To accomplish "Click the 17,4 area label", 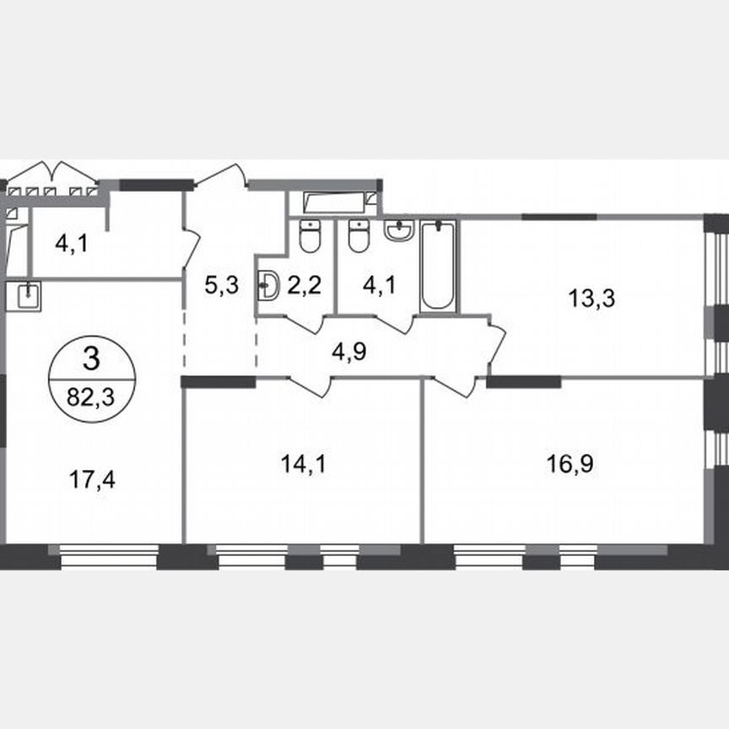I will [x=92, y=481].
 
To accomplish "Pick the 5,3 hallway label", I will [x=221, y=285].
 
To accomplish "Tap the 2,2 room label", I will [x=304, y=285].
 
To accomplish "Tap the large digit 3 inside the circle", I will [x=92, y=359].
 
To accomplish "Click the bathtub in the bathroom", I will [x=438, y=265].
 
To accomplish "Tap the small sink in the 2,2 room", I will [x=270, y=284].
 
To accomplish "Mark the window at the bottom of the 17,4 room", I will [x=109, y=557].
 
